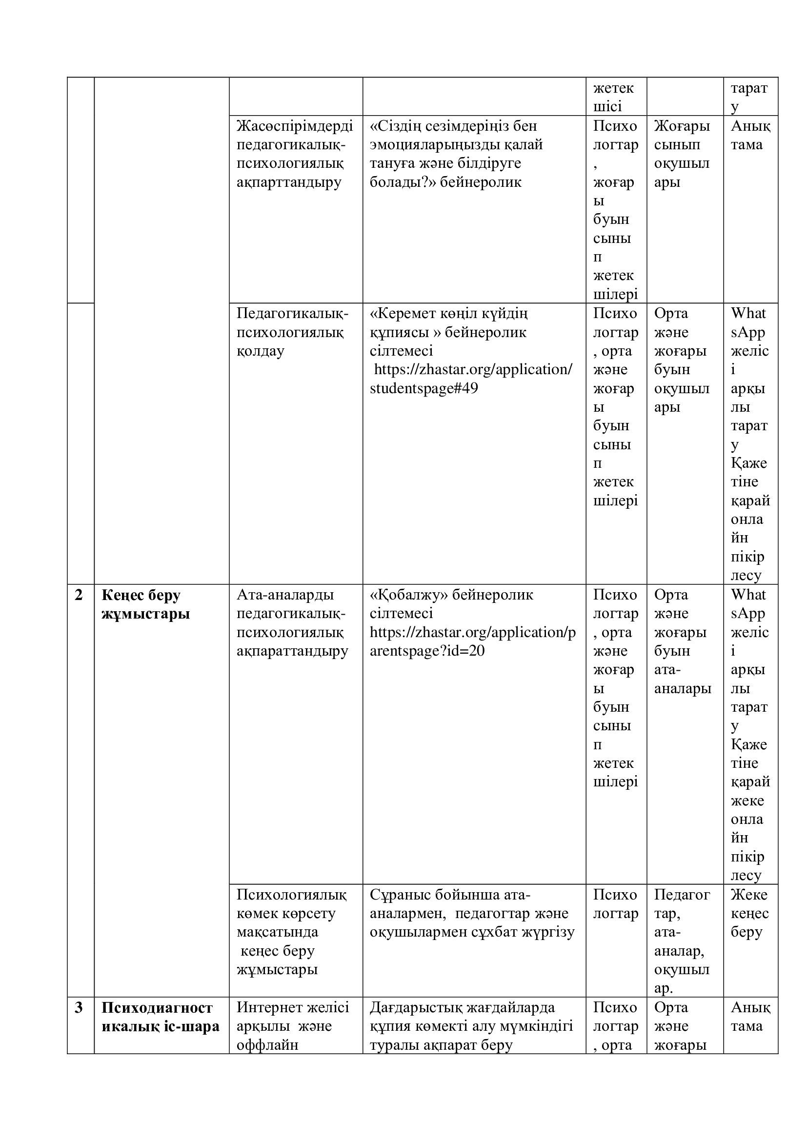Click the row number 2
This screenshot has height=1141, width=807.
(79, 595)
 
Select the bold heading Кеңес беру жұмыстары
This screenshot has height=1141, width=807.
(145, 604)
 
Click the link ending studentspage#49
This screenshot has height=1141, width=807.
(471, 379)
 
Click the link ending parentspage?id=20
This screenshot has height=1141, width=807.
(472, 641)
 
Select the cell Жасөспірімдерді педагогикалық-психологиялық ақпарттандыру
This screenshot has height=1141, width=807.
(295, 154)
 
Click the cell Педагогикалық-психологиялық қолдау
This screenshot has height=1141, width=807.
(292, 332)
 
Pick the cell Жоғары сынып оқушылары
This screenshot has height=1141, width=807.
(682, 154)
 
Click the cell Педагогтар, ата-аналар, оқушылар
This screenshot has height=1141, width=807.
(682, 941)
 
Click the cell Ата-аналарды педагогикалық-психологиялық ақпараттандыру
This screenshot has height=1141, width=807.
(292, 622)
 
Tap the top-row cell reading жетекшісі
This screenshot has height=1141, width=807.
(613, 98)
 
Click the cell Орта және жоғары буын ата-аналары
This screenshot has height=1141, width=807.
(682, 641)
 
